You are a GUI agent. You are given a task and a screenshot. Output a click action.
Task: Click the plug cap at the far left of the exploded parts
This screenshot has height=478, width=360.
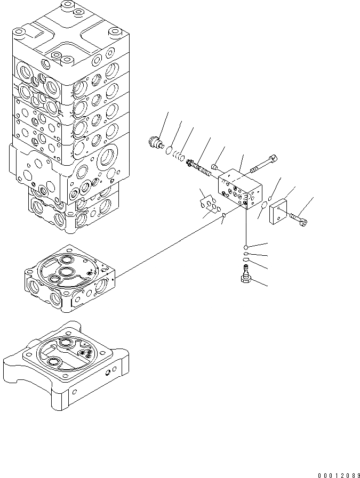(154, 143)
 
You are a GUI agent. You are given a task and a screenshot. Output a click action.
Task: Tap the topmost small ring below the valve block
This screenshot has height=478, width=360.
(245, 247)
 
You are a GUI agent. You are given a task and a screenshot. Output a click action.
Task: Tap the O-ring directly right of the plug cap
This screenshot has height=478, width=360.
(169, 150)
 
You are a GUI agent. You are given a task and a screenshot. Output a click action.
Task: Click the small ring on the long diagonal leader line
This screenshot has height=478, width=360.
(225, 215)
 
